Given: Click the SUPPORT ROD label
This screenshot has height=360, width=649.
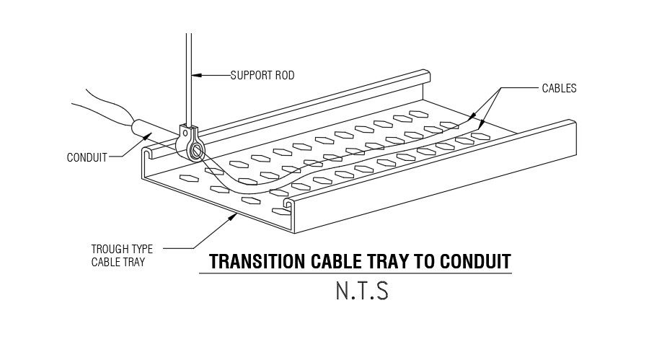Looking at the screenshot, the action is click(x=262, y=75).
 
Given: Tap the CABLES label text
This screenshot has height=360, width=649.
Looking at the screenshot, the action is click(x=559, y=89).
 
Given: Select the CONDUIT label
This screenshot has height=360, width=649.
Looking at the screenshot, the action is click(x=87, y=157).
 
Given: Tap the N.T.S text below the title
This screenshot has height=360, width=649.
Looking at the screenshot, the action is click(x=361, y=291).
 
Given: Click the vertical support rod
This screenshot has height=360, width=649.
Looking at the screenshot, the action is click(x=188, y=65).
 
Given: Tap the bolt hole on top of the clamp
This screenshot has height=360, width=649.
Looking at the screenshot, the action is click(x=187, y=132).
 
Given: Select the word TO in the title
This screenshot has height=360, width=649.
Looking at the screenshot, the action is click(x=427, y=261).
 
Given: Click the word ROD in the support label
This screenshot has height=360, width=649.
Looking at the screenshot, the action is click(x=283, y=75).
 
